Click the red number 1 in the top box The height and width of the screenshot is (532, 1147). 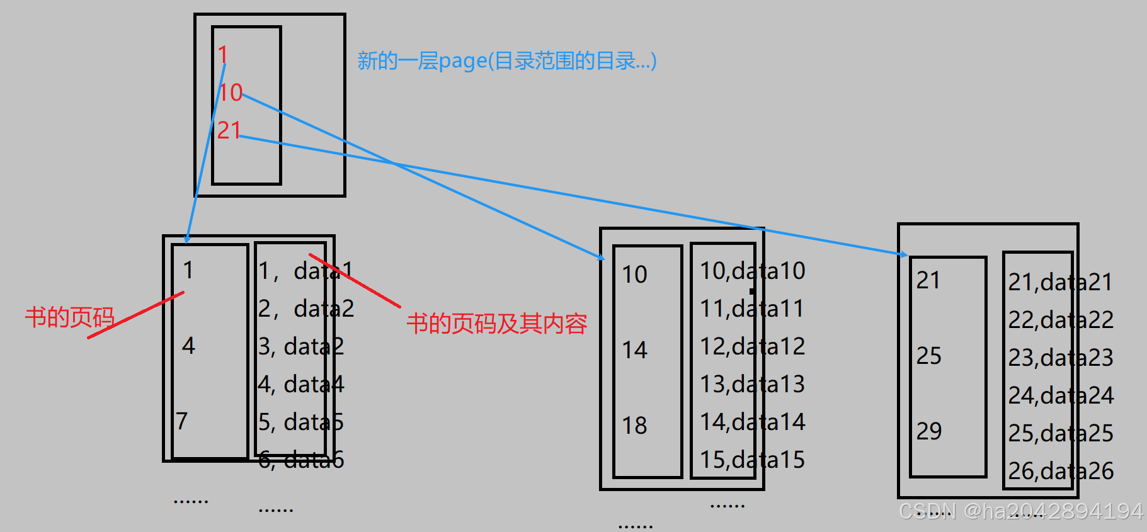coord(222,55)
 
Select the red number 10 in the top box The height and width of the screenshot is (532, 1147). coord(231,93)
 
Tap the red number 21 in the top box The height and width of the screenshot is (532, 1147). coord(229,130)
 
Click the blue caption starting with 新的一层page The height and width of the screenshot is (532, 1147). coord(507,61)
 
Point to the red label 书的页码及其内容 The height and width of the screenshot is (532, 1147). coord(496,324)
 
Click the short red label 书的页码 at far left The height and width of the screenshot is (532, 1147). coord(69,317)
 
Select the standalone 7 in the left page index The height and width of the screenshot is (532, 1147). coord(182,421)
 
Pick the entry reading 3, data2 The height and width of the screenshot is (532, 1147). coord(301,346)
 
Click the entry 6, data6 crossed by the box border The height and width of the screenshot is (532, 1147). coord(301,460)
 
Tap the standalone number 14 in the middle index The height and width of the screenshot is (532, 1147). coord(634,350)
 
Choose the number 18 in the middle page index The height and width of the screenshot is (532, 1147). coord(634,426)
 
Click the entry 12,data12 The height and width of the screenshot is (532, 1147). coord(752,346)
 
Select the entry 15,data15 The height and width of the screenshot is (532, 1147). coord(752,460)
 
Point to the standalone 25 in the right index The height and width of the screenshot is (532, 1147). coord(928,356)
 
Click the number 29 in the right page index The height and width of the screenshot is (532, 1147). coord(928,431)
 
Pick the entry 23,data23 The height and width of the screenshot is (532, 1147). coord(1061,358)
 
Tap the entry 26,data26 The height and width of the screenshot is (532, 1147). coord(1061,471)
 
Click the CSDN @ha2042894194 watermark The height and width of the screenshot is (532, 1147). coord(1020,511)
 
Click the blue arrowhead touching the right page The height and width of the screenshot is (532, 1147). coord(903,254)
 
